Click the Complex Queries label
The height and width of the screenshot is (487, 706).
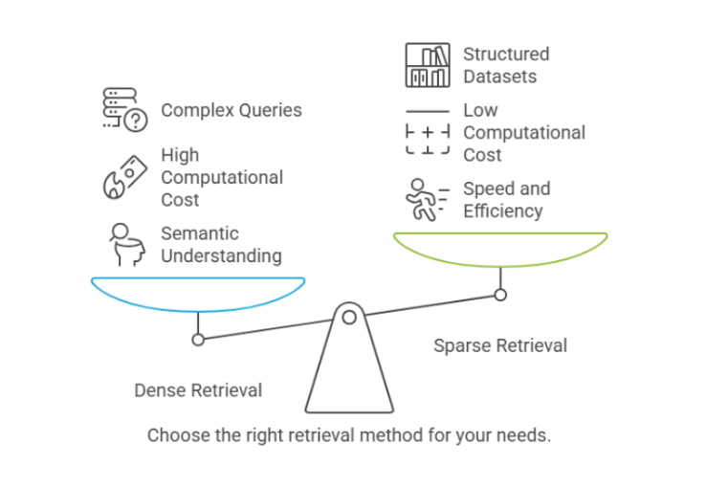(x=231, y=110)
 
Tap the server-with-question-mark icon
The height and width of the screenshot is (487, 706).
(x=124, y=109)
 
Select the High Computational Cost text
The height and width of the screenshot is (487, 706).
(x=222, y=177)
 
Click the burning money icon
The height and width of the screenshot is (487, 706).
(x=124, y=177)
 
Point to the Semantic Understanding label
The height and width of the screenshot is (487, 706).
(x=220, y=244)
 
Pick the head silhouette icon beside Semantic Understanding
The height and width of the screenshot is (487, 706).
(x=124, y=244)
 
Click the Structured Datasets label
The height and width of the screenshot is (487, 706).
(x=506, y=65)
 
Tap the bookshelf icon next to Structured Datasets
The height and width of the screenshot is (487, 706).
(x=428, y=65)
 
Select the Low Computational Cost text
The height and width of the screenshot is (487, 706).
(x=523, y=132)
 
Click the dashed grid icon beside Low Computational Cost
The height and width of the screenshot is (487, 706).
(x=428, y=134)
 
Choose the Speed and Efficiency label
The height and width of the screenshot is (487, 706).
(x=506, y=200)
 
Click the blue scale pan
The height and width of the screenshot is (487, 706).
(x=198, y=293)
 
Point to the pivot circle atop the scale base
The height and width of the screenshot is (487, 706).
(x=349, y=317)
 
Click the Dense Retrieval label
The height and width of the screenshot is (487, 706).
(x=198, y=390)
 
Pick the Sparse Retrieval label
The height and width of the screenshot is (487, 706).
(x=500, y=345)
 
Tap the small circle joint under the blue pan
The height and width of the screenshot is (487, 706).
(x=198, y=339)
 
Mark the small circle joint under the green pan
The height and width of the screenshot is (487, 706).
(x=500, y=295)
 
